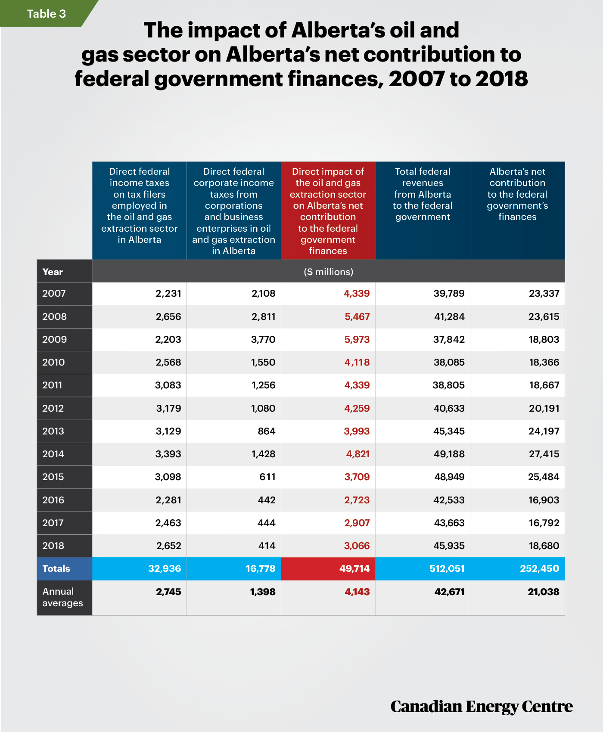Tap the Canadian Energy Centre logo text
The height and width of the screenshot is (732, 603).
coord(482,707)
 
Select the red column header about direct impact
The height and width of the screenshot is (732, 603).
coord(328,211)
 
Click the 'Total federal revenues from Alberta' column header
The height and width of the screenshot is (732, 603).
coord(423,211)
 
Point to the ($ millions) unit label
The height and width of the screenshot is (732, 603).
coord(328,272)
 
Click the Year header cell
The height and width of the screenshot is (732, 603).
coord(65,271)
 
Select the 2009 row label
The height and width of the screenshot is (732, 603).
coord(55,339)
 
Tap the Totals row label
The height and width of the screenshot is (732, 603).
coord(56,568)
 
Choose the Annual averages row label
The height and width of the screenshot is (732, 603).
coord(62,597)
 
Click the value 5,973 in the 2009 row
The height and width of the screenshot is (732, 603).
coord(357,339)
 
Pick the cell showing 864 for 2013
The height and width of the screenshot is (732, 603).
coord(267,431)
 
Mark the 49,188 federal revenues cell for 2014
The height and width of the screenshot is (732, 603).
coord(449,454)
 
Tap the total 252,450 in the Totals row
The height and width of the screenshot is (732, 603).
coord(540,568)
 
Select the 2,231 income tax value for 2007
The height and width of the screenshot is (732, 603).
coord(168,293)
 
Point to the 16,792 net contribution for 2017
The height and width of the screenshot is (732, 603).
coord(544,523)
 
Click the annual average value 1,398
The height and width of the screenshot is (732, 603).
coord(263,592)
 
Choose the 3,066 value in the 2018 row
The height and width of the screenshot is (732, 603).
coord(357,546)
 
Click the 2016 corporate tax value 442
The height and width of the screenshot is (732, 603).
coord(267,500)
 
